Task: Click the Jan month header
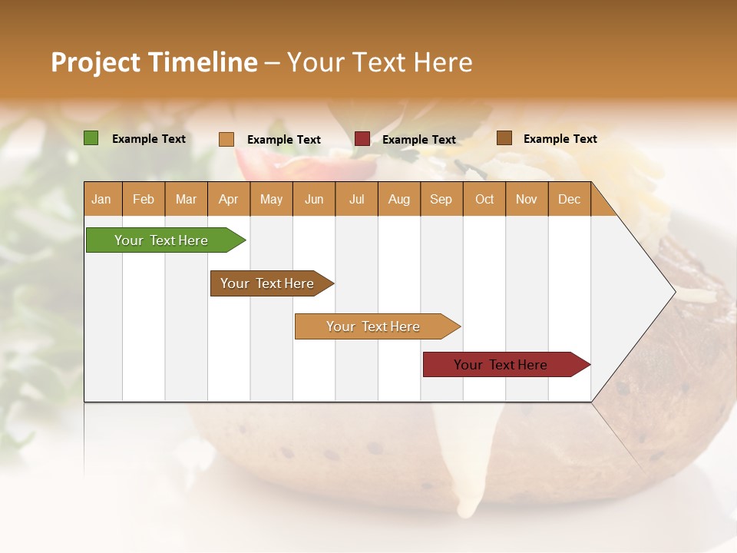[x=101, y=200]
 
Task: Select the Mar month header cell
[x=186, y=200]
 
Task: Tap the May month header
[x=271, y=200]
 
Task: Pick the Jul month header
[x=356, y=200]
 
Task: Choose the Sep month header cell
[x=441, y=200]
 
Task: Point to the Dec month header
[x=569, y=200]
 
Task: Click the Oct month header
[x=484, y=200]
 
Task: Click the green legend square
[x=91, y=138]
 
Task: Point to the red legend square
[x=362, y=139]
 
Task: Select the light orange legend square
[x=226, y=139]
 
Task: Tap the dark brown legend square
[x=504, y=138]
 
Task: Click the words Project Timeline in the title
[x=154, y=62]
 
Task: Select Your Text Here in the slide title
[x=379, y=62]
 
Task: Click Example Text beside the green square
[x=149, y=139]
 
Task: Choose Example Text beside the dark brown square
[x=560, y=139]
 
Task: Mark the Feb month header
[x=144, y=200]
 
